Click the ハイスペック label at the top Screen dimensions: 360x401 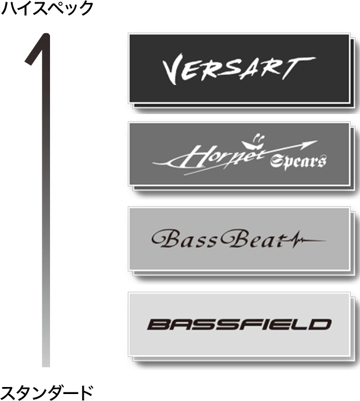[47, 8]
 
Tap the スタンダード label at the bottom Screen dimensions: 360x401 [47, 393]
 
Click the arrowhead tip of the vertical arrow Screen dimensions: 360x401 [46, 34]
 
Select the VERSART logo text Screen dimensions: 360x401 [239, 69]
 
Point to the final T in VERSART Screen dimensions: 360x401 [298, 68]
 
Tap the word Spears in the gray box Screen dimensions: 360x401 [298, 162]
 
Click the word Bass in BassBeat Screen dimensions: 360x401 [184, 239]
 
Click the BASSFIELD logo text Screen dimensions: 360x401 [239, 325]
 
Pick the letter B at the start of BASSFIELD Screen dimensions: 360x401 [158, 325]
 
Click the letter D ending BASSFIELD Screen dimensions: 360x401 [320, 325]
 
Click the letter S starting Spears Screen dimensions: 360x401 [276, 162]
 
